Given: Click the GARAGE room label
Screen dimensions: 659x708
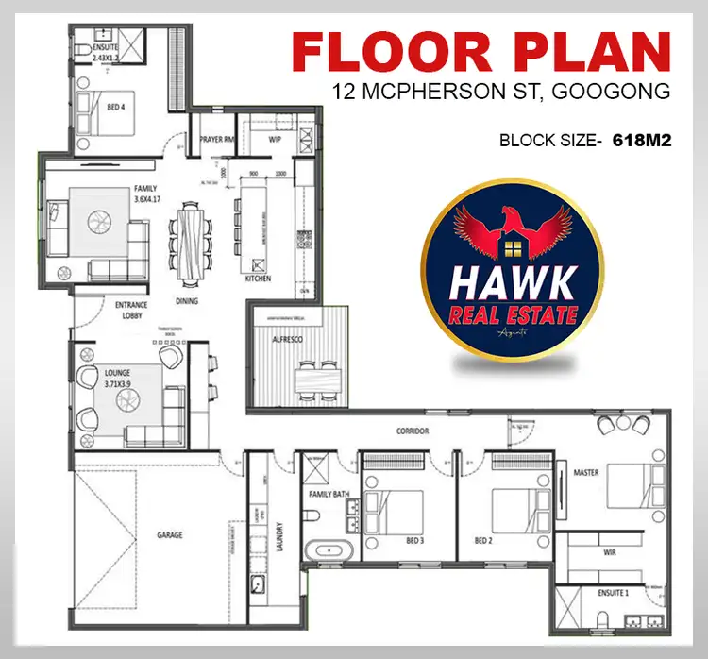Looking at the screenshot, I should tap(170, 535).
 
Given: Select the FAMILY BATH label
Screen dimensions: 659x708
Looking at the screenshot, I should tap(328, 495).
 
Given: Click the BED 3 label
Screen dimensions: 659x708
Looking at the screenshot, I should tap(413, 541).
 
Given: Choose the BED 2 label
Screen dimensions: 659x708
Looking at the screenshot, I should tap(483, 541).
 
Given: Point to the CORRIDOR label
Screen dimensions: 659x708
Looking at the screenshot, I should tap(413, 431).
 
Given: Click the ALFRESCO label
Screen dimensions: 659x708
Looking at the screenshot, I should tap(288, 339).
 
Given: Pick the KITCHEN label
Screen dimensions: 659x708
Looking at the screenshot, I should tap(258, 279).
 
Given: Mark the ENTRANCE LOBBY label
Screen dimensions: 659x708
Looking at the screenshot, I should tap(131, 311).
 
